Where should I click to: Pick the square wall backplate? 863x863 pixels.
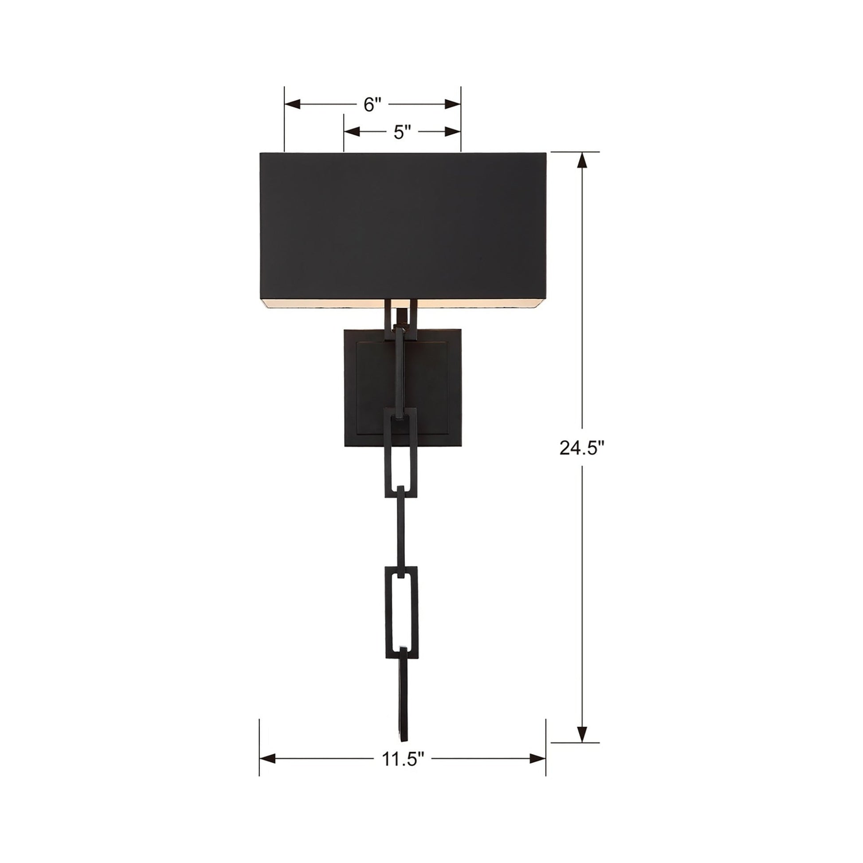pyautogui.click(x=403, y=388)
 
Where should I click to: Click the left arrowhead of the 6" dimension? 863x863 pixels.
pyautogui.click(x=293, y=105)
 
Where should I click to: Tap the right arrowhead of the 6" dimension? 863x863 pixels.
pyautogui.click(x=452, y=105)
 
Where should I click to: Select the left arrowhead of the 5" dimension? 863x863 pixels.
pyautogui.click(x=352, y=132)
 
